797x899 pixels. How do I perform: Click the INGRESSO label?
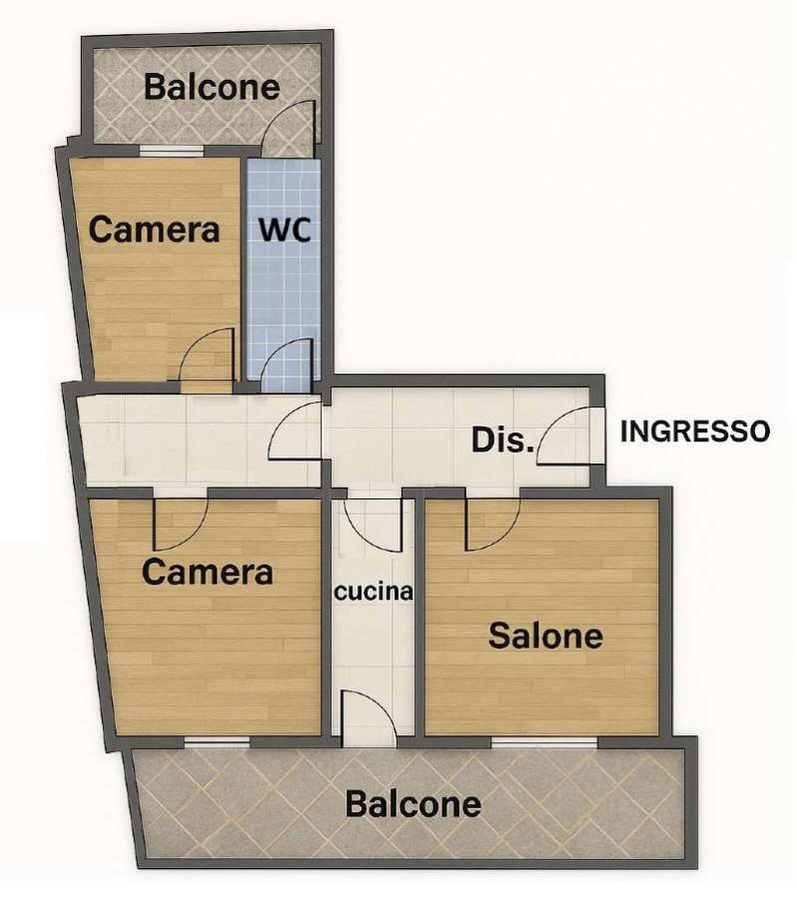coord(695,432)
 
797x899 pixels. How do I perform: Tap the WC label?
coord(285,230)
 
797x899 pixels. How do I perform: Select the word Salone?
coord(545,636)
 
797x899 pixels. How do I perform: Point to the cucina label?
coord(374,591)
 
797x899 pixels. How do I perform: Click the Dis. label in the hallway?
coord(501,441)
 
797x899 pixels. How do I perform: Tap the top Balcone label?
coord(212,87)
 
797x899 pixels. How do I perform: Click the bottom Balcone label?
coord(412,804)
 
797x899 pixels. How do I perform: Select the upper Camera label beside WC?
coord(154,230)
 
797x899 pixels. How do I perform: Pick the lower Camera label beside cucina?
coord(207,572)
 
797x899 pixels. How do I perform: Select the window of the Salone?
coord(544,742)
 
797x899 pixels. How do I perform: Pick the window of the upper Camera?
coord(172,151)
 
